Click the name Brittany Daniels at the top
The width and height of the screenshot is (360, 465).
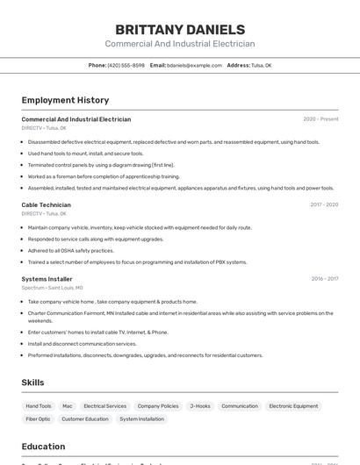(x=180, y=30)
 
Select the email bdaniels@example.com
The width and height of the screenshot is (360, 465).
(x=194, y=65)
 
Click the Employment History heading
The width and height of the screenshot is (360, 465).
(x=65, y=100)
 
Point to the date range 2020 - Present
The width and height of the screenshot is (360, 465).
(x=320, y=119)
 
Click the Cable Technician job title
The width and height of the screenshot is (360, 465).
(x=46, y=204)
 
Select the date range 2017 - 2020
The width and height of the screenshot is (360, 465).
(x=324, y=204)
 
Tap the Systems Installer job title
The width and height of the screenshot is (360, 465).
(x=47, y=279)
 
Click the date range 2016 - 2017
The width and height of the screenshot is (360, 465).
(x=324, y=279)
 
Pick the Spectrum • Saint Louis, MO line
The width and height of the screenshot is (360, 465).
(x=52, y=288)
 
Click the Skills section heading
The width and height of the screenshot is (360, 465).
(x=32, y=383)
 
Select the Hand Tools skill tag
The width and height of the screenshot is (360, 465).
(x=39, y=406)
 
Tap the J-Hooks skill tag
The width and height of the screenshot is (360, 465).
(x=200, y=406)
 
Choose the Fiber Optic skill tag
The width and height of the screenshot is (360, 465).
(x=39, y=418)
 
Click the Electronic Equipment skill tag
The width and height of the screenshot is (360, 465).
(x=293, y=406)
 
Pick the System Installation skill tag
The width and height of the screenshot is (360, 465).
(x=141, y=418)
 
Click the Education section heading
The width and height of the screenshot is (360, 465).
(x=43, y=447)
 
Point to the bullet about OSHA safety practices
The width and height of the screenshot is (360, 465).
(x=71, y=250)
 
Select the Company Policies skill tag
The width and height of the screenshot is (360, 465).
(x=158, y=406)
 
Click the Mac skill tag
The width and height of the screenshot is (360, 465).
(x=68, y=406)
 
